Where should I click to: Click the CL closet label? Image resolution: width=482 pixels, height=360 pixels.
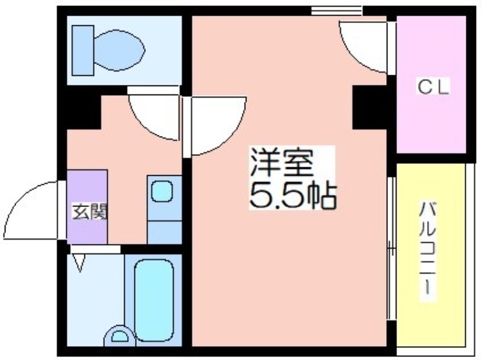pos(433,87)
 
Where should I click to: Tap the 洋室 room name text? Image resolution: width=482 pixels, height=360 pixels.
pos(282,163)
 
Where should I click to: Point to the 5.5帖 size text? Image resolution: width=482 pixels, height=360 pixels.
pos(292,196)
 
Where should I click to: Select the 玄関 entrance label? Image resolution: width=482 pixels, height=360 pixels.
pos(90,211)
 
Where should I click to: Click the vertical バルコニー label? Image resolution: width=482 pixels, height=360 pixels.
pos(428,248)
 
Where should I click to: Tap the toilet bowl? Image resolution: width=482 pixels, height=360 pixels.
pos(119,50)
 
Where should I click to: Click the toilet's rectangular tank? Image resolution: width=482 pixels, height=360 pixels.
pos(83,51)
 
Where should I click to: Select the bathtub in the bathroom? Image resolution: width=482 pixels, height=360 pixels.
pos(154,300)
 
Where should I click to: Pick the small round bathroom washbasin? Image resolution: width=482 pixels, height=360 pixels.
pos(120,336)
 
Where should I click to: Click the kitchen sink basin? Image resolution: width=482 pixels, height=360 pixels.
pos(162,191)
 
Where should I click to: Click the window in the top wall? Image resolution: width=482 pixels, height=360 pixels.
pos(337,11)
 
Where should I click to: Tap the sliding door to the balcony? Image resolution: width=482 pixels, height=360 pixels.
pos(390,248)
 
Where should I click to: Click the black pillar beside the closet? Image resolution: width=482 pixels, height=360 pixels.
pos(369,107)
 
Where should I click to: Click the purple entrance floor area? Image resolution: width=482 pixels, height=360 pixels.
pos(87,206)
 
